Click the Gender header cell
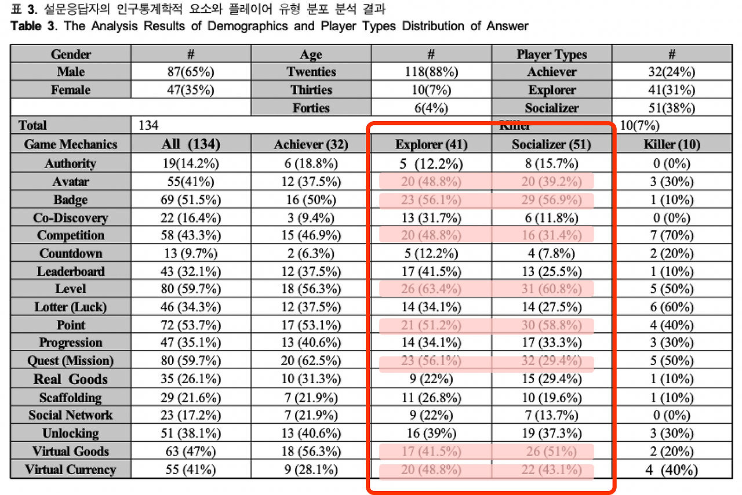(71, 54)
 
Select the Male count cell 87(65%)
(190, 72)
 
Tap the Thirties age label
(311, 90)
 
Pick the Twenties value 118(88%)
(431, 72)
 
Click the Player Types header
(551, 54)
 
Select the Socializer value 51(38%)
(672, 108)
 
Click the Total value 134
(149, 126)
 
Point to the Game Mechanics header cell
(71, 144)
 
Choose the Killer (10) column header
(671, 144)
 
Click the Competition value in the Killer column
(672, 235)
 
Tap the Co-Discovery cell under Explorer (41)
(431, 218)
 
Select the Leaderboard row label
(71, 271)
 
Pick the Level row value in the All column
(190, 289)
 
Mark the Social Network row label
(71, 415)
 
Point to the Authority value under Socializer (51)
(551, 164)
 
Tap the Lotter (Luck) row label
(71, 307)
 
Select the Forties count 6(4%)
(431, 108)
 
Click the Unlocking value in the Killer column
(672, 434)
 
